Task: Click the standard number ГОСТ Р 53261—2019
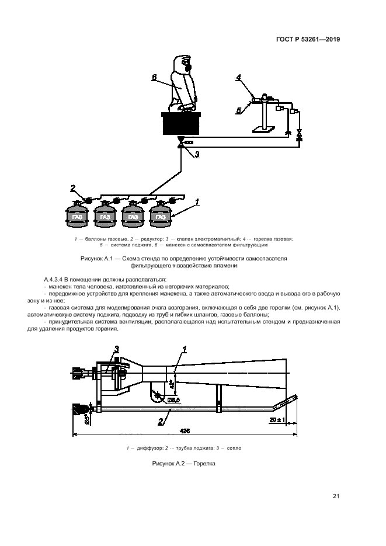pos(308,40)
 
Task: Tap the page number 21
pos(336,496)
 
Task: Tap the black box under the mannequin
pos(182,123)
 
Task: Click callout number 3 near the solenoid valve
pos(197,154)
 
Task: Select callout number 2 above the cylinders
pos(73,188)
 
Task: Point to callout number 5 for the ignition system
pos(238,109)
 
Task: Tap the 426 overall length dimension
pos(185,430)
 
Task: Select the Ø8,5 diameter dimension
pos(173,399)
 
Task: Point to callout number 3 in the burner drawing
pos(116,349)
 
